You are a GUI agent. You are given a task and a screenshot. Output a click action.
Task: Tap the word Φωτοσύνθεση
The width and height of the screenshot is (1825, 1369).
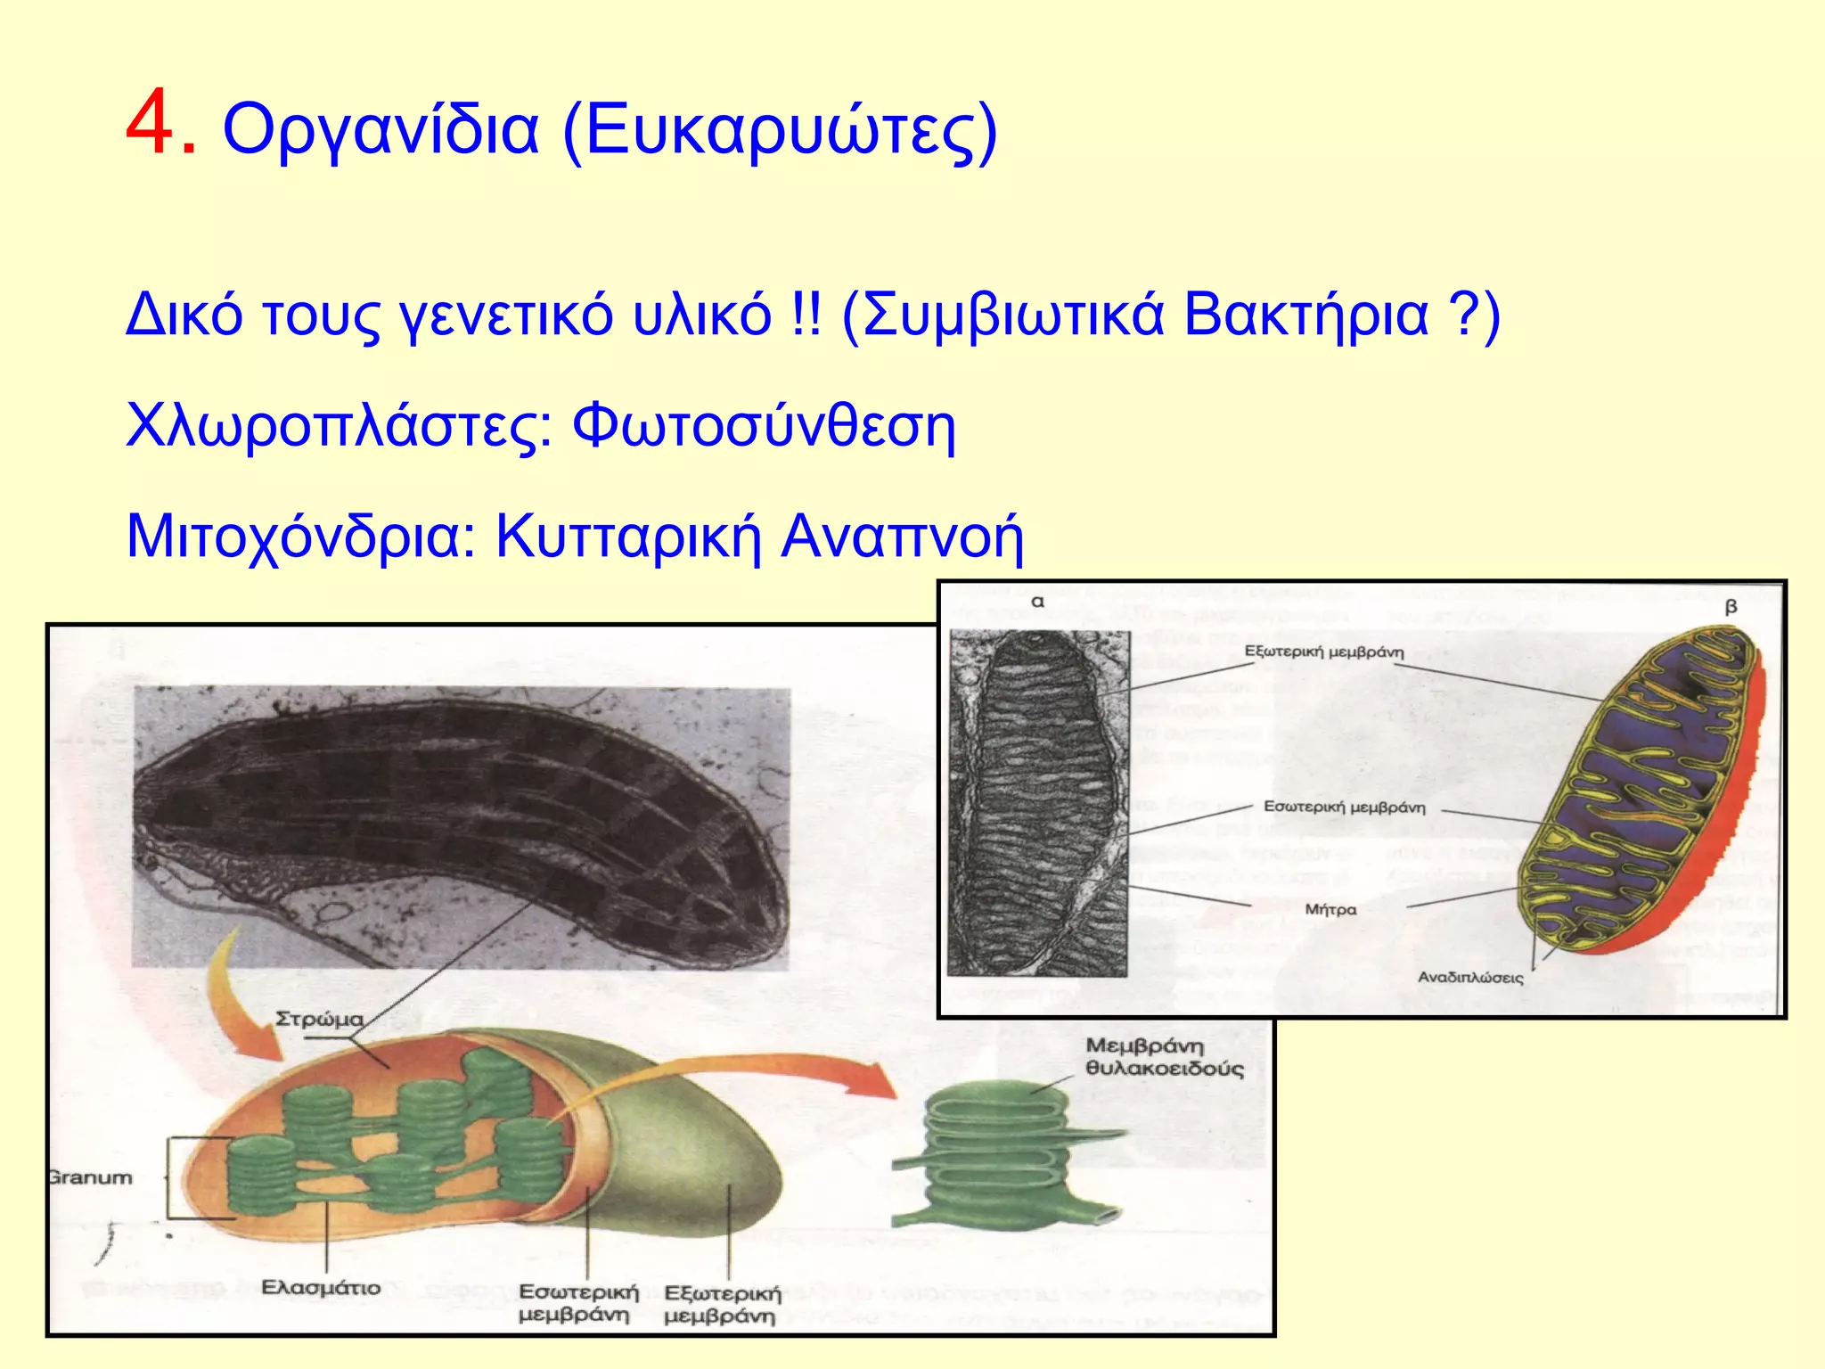[763, 427]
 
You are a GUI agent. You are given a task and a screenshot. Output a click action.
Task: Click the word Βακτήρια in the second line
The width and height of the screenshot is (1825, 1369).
[1305, 316]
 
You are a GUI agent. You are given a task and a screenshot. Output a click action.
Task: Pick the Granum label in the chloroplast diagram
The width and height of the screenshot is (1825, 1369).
[90, 1177]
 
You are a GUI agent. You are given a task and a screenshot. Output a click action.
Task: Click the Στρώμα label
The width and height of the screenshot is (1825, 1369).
[319, 1019]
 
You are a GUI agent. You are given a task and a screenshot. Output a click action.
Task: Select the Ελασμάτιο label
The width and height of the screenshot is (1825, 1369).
[321, 1288]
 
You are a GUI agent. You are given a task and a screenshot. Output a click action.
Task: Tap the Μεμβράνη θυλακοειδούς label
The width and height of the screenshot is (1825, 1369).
[1163, 1057]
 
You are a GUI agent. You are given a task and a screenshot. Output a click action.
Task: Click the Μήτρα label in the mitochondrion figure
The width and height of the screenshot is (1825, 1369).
[1330, 909]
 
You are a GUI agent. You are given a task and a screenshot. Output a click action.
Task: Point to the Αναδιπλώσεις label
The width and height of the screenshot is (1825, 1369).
[1470, 978]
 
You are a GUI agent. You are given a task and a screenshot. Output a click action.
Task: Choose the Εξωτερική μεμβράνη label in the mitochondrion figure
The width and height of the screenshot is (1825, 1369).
[1323, 652]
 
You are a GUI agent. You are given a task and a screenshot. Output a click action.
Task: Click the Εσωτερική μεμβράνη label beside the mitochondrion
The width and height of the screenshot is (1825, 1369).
[1344, 807]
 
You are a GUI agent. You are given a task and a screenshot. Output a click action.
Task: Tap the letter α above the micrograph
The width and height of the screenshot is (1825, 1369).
[1037, 603]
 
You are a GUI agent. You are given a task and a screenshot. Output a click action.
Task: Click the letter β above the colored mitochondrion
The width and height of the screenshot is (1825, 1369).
[1731, 608]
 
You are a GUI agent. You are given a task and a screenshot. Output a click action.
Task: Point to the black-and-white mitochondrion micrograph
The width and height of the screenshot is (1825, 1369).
[1039, 802]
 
